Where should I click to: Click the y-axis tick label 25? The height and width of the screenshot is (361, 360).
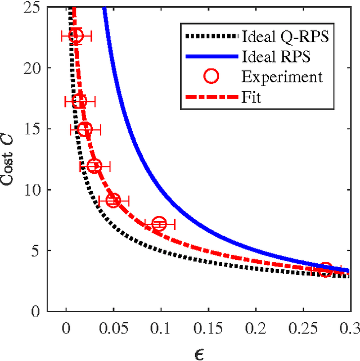point(32,8)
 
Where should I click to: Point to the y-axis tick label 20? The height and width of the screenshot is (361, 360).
point(32,68)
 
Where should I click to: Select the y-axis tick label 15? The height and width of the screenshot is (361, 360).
point(32,129)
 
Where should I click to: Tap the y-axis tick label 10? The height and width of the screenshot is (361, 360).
point(32,189)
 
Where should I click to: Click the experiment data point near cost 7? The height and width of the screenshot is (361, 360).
point(159,224)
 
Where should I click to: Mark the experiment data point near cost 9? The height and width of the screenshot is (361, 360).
point(113,200)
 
